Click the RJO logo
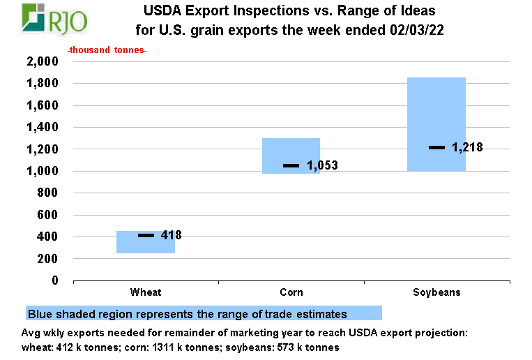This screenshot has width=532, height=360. click(x=55, y=20)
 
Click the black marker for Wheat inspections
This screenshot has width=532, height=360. click(x=146, y=236)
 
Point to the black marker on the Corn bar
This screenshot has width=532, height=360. click(x=291, y=165)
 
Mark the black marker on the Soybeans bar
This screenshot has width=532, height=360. click(x=436, y=147)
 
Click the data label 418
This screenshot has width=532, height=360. click(x=171, y=236)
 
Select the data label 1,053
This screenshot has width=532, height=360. click(x=322, y=166)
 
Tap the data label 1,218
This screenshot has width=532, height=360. click(x=467, y=147)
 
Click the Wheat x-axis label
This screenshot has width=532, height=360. click(x=146, y=292)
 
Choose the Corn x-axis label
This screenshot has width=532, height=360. click(x=291, y=292)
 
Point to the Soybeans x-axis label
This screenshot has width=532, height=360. click(x=436, y=292)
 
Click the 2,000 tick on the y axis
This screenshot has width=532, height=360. click(x=43, y=61)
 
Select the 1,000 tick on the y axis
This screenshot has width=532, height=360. click(x=43, y=171)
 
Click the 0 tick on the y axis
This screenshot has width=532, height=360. click(x=54, y=280)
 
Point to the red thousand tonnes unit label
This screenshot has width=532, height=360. click(x=107, y=51)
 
